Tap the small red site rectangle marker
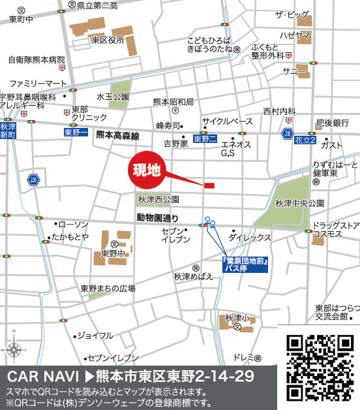coord(209,186)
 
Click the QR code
coord(320,368)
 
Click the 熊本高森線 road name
coord(117,136)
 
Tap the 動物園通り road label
coord(157,217)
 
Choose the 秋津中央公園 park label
coord(299,203)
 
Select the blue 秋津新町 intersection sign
coord(8,131)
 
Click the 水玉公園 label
coord(112,97)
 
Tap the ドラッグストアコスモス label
coord(335,229)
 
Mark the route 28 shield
coord(288,133)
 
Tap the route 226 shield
coord(34,179)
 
